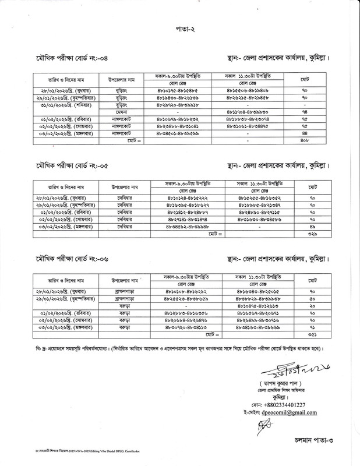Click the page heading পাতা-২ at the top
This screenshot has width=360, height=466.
point(180,28)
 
